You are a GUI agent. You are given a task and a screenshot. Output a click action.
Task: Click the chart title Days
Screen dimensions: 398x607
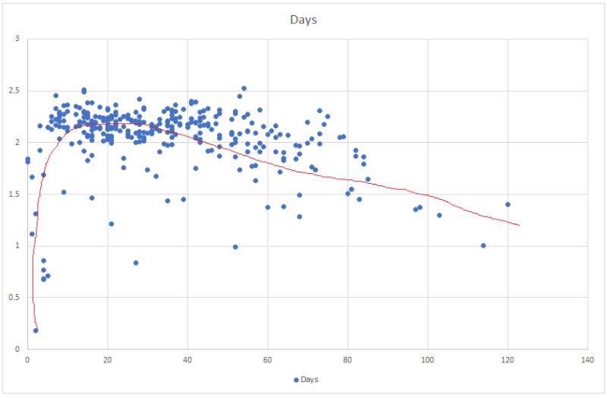coord(303,19)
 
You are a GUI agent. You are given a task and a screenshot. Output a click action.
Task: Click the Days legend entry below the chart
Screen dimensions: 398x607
coord(307,378)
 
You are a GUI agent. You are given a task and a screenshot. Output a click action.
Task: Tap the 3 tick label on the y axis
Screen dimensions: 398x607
coord(16,39)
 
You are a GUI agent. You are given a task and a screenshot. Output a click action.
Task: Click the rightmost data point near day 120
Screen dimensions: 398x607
coord(508,204)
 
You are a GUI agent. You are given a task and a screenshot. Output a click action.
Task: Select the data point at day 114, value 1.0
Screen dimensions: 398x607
coord(483,245)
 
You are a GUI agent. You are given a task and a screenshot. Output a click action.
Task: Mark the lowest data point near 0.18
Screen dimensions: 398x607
coord(36,330)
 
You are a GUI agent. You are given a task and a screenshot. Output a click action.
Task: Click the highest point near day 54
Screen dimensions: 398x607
coord(244,88)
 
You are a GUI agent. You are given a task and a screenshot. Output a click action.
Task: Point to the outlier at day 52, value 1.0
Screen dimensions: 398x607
coord(235,247)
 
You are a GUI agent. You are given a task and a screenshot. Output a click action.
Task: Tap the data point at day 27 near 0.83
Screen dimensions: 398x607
coord(136,263)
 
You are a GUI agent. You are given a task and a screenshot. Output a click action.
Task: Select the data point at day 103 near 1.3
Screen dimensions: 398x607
coord(439,215)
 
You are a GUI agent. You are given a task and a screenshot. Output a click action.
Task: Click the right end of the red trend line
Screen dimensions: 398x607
coord(519,226)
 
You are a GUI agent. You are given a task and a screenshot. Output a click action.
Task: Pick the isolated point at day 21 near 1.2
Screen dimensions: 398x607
coord(112,224)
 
